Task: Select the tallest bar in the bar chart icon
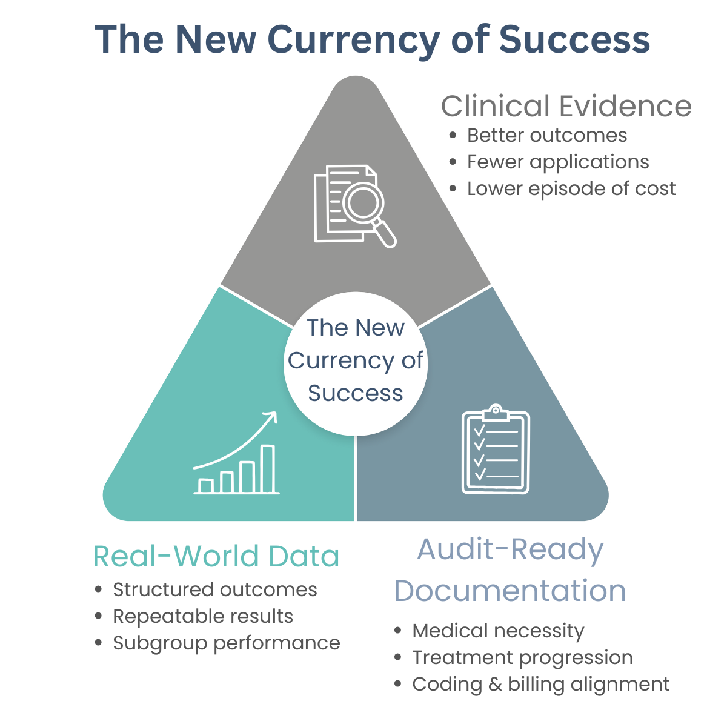click(x=267, y=469)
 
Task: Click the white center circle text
click(x=356, y=360)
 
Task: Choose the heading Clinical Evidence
click(x=566, y=107)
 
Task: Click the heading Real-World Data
click(x=216, y=556)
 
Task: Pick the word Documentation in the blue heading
click(x=510, y=591)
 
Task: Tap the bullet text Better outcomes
click(x=547, y=135)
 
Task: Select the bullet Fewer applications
click(x=558, y=162)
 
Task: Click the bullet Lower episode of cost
click(x=571, y=188)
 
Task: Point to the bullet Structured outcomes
click(x=215, y=589)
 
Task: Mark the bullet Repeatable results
click(x=203, y=616)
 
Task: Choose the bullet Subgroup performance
click(x=227, y=643)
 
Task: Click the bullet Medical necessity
click(x=498, y=631)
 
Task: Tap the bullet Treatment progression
click(x=522, y=657)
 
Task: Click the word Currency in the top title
click(x=354, y=40)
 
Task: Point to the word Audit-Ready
click(x=510, y=549)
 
